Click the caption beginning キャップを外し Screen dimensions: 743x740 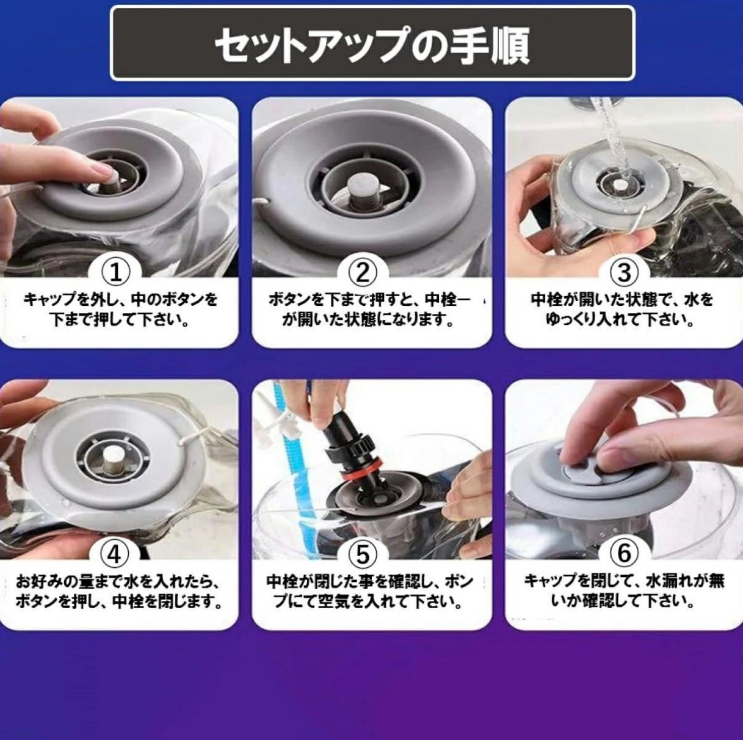[120, 310]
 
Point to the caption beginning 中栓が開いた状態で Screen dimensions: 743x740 [622, 310]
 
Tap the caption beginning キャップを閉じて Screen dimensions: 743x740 [623, 591]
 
